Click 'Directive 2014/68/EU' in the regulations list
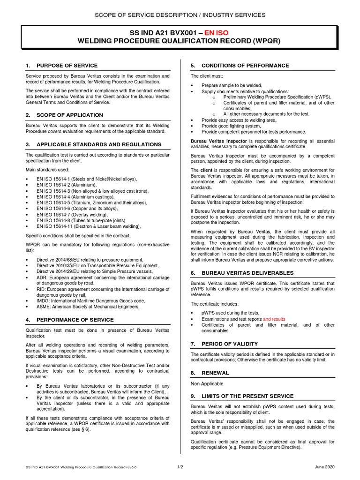60,260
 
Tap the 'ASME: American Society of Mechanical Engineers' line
88,307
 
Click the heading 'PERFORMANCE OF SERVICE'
75,320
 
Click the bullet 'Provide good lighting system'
231,126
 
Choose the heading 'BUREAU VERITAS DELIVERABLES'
247,273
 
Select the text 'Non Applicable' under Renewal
207,384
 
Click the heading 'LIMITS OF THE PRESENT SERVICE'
247,396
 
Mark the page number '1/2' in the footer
180,467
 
